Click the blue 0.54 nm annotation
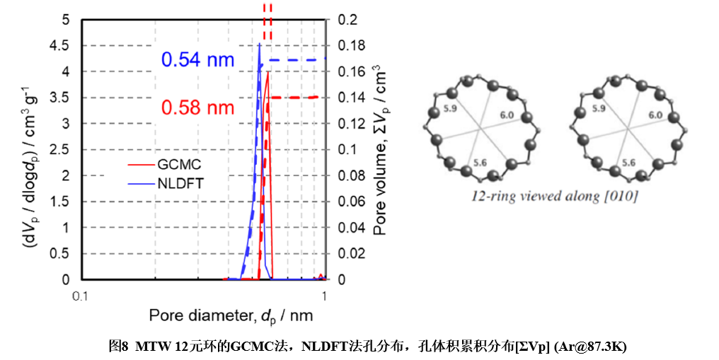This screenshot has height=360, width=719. [197, 59]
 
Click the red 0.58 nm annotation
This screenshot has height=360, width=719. [197, 108]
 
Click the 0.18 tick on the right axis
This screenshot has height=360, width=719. [349, 46]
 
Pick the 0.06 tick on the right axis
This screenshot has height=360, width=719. [349, 202]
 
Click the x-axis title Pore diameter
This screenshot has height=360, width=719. [231, 314]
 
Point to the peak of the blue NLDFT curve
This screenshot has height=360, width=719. [260, 45]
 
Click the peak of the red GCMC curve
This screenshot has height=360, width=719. [267, 72]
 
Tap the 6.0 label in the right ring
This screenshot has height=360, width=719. [655, 114]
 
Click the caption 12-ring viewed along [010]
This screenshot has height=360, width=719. [555, 196]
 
